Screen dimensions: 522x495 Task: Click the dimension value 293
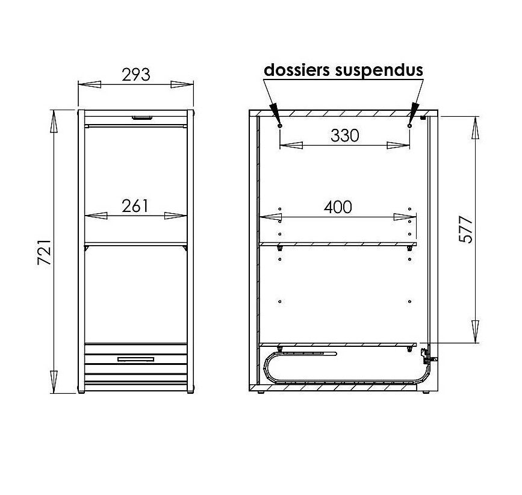point(136,75)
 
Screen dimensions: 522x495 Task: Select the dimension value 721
point(44,252)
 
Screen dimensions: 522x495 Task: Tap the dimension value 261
point(135,206)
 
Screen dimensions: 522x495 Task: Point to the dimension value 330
point(345,135)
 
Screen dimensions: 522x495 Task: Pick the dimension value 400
point(338,207)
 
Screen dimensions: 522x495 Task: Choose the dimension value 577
point(465,229)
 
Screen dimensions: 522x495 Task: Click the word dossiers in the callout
point(297,70)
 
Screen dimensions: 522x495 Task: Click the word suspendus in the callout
point(379,71)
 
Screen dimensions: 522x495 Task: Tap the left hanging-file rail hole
point(279,126)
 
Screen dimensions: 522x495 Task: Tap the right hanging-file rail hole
point(409,126)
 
